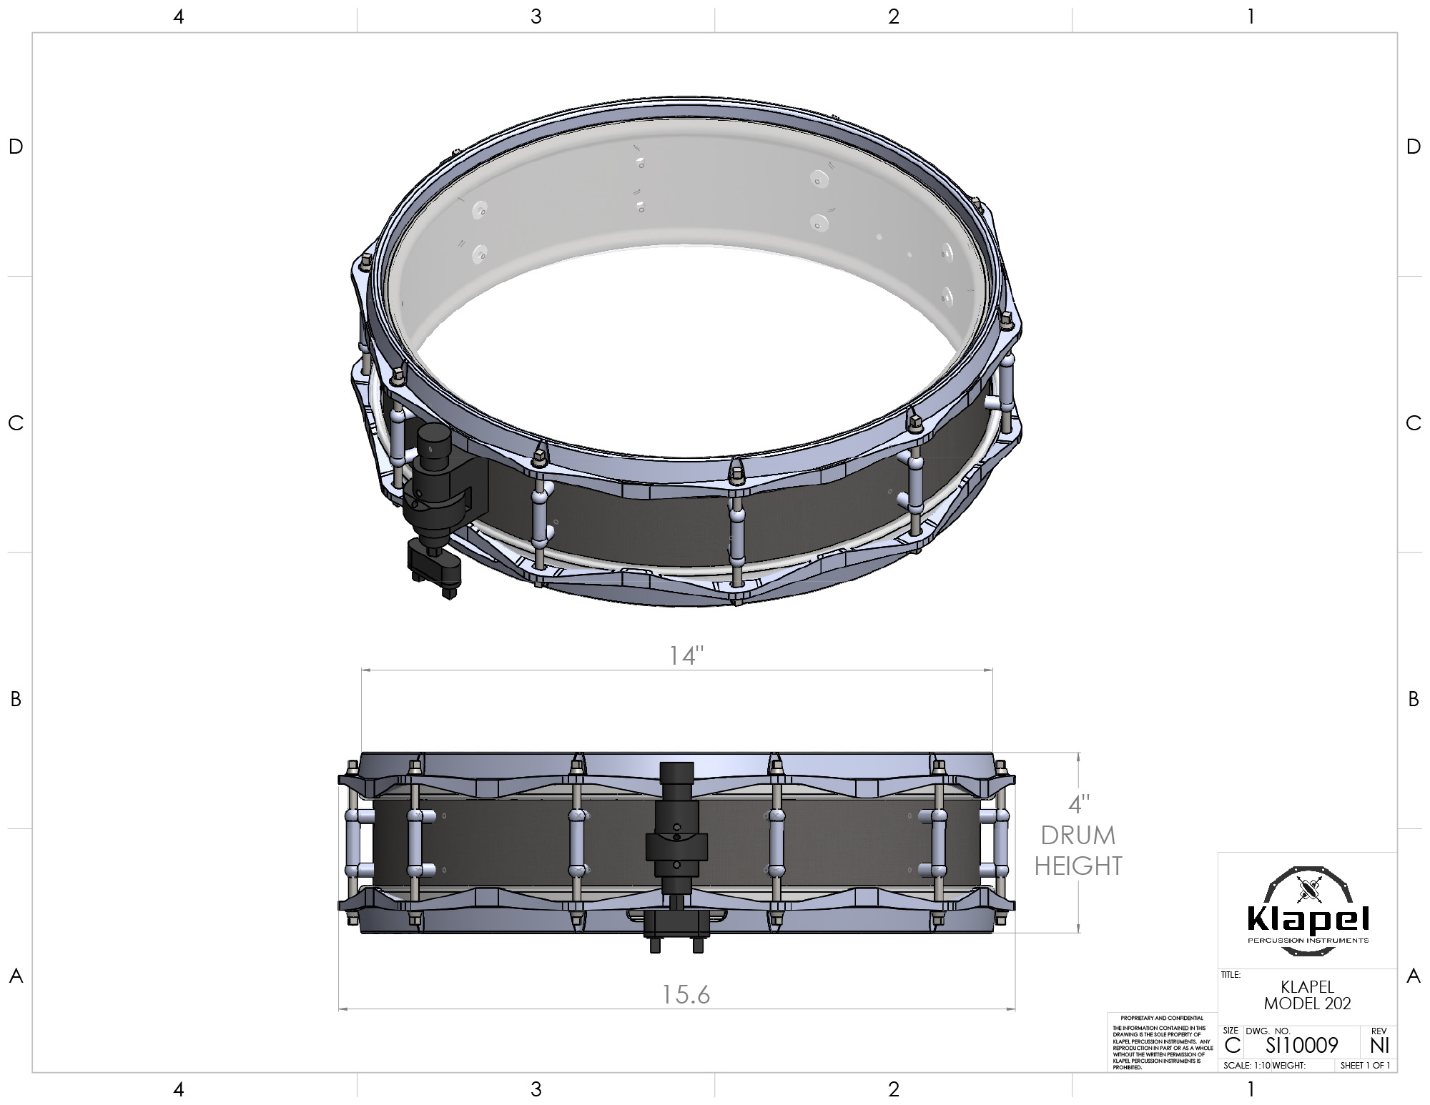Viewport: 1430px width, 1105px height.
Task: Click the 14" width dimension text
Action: (686, 655)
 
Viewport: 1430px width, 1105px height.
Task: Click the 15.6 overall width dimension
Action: (685, 994)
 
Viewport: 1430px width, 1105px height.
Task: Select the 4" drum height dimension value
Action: (1078, 804)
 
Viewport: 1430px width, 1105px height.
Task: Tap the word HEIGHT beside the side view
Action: (1078, 866)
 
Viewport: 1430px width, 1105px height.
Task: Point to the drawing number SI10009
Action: (1301, 1045)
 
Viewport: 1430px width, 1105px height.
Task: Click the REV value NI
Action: (1379, 1045)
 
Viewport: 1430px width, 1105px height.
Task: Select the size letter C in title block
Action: (1232, 1045)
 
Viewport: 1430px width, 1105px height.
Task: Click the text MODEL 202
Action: (1308, 1004)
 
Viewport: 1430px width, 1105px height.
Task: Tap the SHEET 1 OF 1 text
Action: (1365, 1065)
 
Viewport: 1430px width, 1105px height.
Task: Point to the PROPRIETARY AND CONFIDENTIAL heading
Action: (1162, 1018)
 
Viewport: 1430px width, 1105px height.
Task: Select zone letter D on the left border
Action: (16, 147)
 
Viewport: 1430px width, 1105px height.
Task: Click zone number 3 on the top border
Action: (536, 16)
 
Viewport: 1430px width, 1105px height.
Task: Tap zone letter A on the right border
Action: (1413, 976)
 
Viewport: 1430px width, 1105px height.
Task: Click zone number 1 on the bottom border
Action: (1251, 1089)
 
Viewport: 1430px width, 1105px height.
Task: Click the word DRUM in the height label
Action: (1078, 835)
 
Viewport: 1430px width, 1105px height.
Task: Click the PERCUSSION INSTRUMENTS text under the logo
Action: (1308, 940)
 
